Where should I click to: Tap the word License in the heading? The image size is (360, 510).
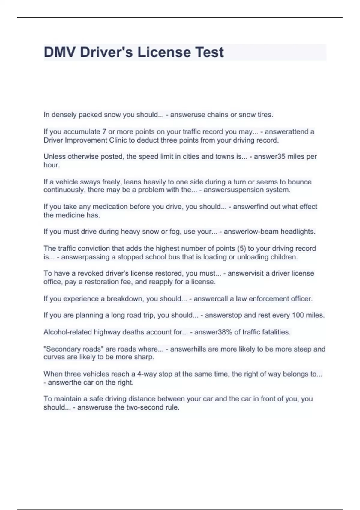(164, 52)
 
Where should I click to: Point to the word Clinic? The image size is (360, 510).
(118, 140)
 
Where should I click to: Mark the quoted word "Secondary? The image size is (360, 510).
(61, 349)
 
